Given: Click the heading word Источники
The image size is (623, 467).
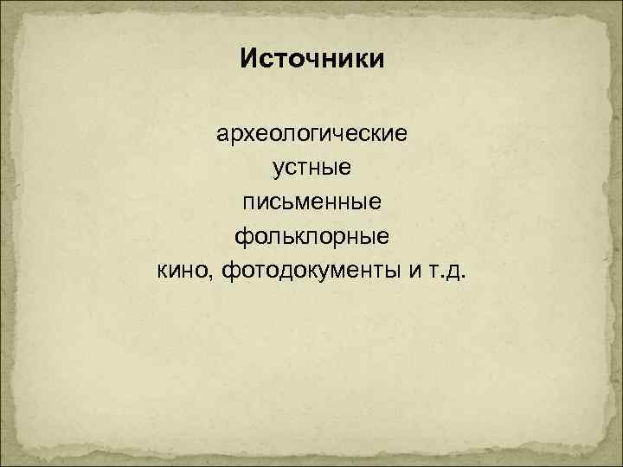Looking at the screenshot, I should (x=311, y=61).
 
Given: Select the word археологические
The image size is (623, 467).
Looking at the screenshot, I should (x=311, y=137).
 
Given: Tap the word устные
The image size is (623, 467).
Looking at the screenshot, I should (x=311, y=170).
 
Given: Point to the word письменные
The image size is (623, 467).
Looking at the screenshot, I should (x=311, y=204).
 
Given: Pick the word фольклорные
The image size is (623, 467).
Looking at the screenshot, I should (x=311, y=238).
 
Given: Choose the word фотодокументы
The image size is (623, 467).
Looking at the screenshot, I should (x=307, y=272).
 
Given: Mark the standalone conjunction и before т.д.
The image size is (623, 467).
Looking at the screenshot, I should (x=407, y=273).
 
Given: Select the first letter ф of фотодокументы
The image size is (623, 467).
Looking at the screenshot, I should (x=230, y=272).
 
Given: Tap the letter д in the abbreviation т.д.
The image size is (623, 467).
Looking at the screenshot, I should (x=452, y=274).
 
